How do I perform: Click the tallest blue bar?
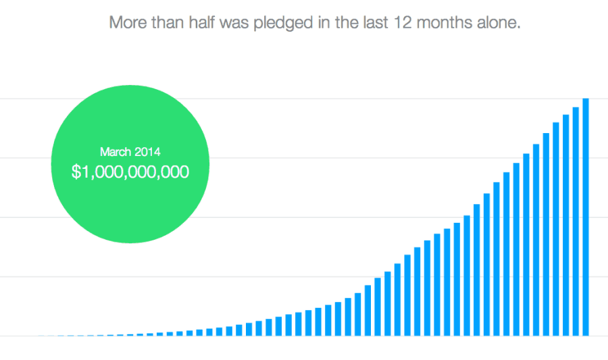(x=586, y=217)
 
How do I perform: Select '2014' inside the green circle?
(x=147, y=152)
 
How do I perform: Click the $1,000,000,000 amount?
(x=130, y=172)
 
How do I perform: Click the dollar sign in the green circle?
(x=75, y=172)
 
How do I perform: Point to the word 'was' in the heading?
(x=238, y=22)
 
